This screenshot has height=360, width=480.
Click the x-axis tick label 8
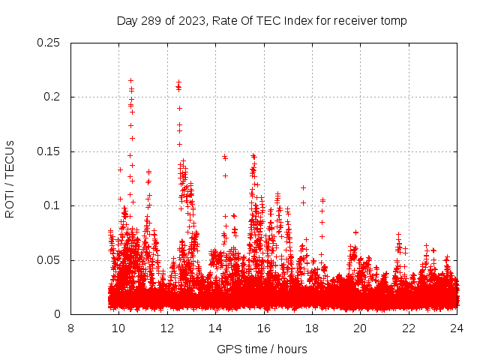(x=70, y=328)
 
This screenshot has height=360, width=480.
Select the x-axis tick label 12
(x=167, y=328)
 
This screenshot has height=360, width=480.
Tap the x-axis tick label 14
(x=215, y=328)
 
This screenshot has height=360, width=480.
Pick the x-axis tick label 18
(x=312, y=328)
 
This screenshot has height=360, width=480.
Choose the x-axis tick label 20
(x=360, y=328)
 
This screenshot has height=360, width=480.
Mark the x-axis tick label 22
(x=409, y=328)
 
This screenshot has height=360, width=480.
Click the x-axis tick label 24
(x=457, y=328)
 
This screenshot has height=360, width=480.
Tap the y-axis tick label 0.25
(x=49, y=43)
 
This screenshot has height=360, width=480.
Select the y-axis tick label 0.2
(x=52, y=97)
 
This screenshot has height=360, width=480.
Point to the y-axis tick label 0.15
(x=49, y=151)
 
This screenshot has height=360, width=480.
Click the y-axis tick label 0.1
(x=52, y=205)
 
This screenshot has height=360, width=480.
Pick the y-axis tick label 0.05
(x=49, y=260)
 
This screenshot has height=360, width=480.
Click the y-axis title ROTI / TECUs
(x=10, y=178)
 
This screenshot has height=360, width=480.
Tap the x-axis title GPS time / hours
(x=262, y=349)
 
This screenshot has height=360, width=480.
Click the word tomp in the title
(x=394, y=21)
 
